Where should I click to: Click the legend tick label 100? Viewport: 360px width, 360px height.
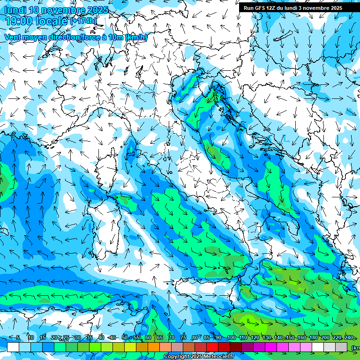pos(231,337)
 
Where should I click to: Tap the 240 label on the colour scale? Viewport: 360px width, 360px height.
pos(349,337)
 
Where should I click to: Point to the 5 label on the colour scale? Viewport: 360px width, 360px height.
pos(18,337)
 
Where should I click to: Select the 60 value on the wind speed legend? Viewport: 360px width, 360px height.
pos(148,337)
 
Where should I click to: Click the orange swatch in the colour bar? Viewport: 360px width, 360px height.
pos(154,347)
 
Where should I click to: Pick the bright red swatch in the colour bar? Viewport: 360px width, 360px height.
pos(212,347)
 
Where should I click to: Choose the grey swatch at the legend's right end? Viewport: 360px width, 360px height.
pos(341,347)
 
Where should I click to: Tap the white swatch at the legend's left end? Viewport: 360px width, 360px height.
pos(13,347)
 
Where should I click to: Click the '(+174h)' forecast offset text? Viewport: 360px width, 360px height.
pos(83,21)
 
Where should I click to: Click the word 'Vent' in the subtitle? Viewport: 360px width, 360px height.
pos(13,37)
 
